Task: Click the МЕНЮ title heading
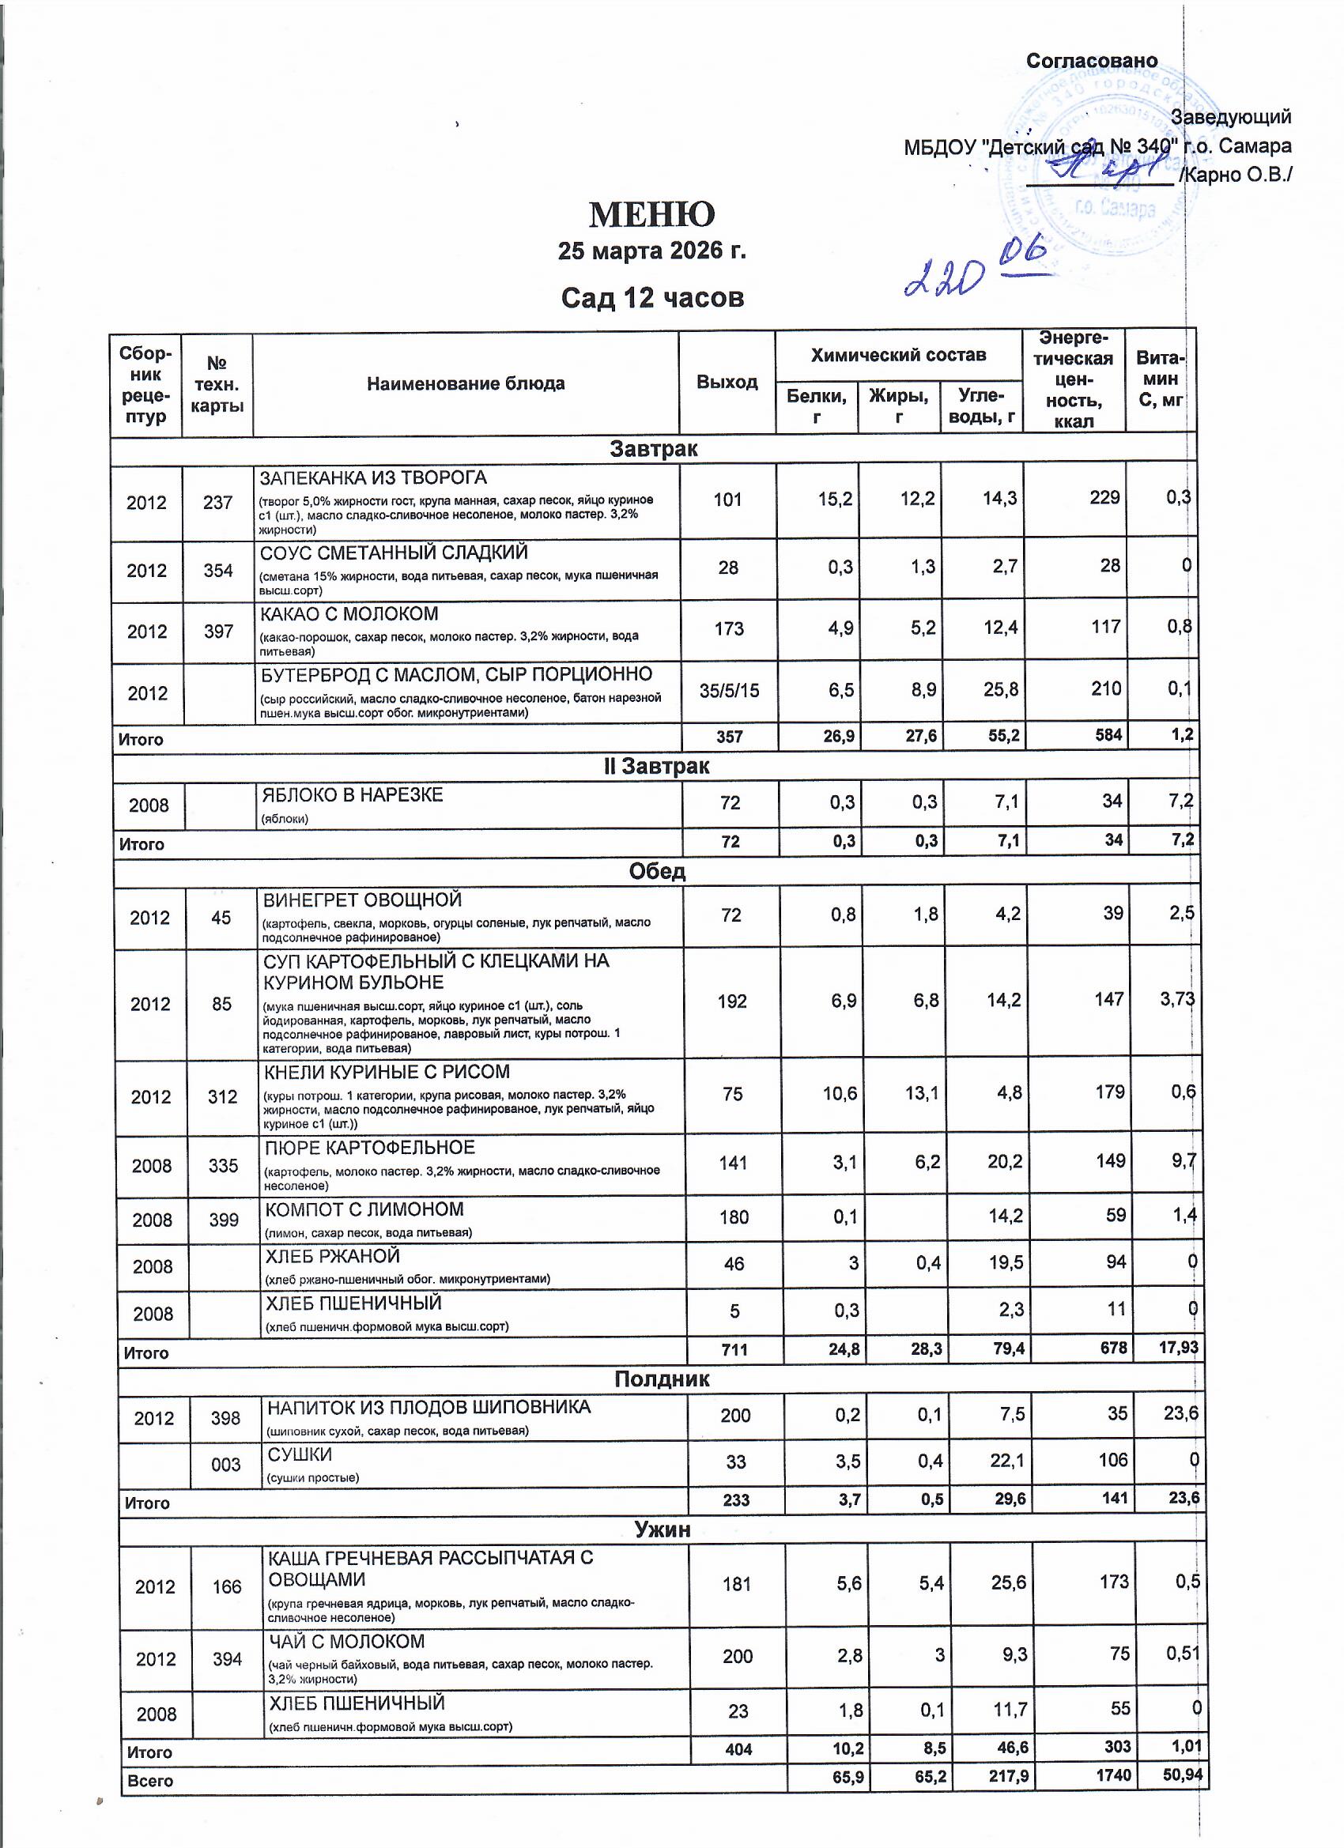[651, 214]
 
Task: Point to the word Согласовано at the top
[1091, 61]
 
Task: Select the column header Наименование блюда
[466, 384]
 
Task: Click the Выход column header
[727, 382]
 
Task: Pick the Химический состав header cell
[898, 355]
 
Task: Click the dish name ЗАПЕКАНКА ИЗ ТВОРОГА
[373, 478]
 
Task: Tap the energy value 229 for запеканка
[1104, 498]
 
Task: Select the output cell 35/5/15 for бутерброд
[729, 691]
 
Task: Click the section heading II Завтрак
[656, 767]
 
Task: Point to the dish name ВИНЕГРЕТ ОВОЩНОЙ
[363, 900]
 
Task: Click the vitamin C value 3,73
[1177, 1000]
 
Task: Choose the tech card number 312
[222, 1097]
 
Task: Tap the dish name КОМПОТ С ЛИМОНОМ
[364, 1210]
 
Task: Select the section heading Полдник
[661, 1379]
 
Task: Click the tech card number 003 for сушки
[226, 1465]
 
